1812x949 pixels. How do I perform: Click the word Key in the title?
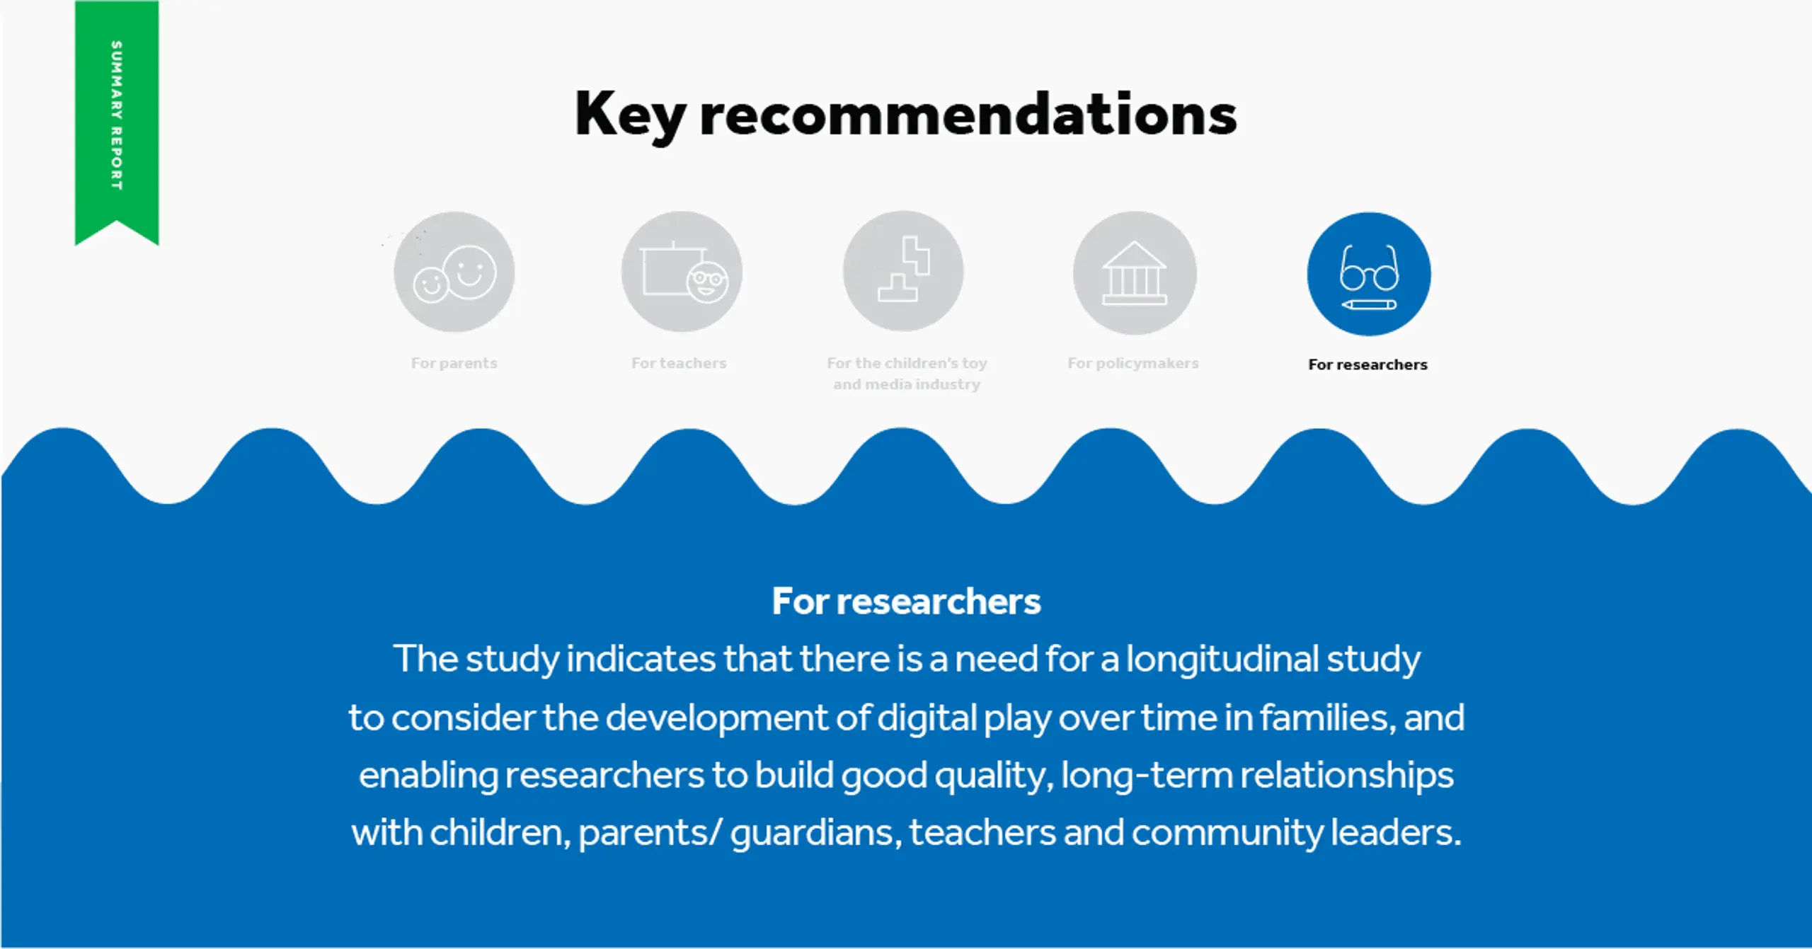630,115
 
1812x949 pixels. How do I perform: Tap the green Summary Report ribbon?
117,122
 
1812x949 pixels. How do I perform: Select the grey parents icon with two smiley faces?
454,272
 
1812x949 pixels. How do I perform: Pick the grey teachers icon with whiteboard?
682,272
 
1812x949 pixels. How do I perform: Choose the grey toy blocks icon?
903,271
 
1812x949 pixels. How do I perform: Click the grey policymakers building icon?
1135,272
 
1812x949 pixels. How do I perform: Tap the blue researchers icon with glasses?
1369,274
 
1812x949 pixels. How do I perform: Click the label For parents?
454,363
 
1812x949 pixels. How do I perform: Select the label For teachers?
679,363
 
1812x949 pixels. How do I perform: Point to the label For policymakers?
1133,364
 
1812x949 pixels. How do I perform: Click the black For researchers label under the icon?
1367,364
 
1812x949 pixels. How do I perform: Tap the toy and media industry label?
907,374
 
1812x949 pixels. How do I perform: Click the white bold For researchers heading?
906,602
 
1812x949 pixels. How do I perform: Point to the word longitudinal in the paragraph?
1222,660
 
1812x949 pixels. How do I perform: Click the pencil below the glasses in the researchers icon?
1369,305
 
